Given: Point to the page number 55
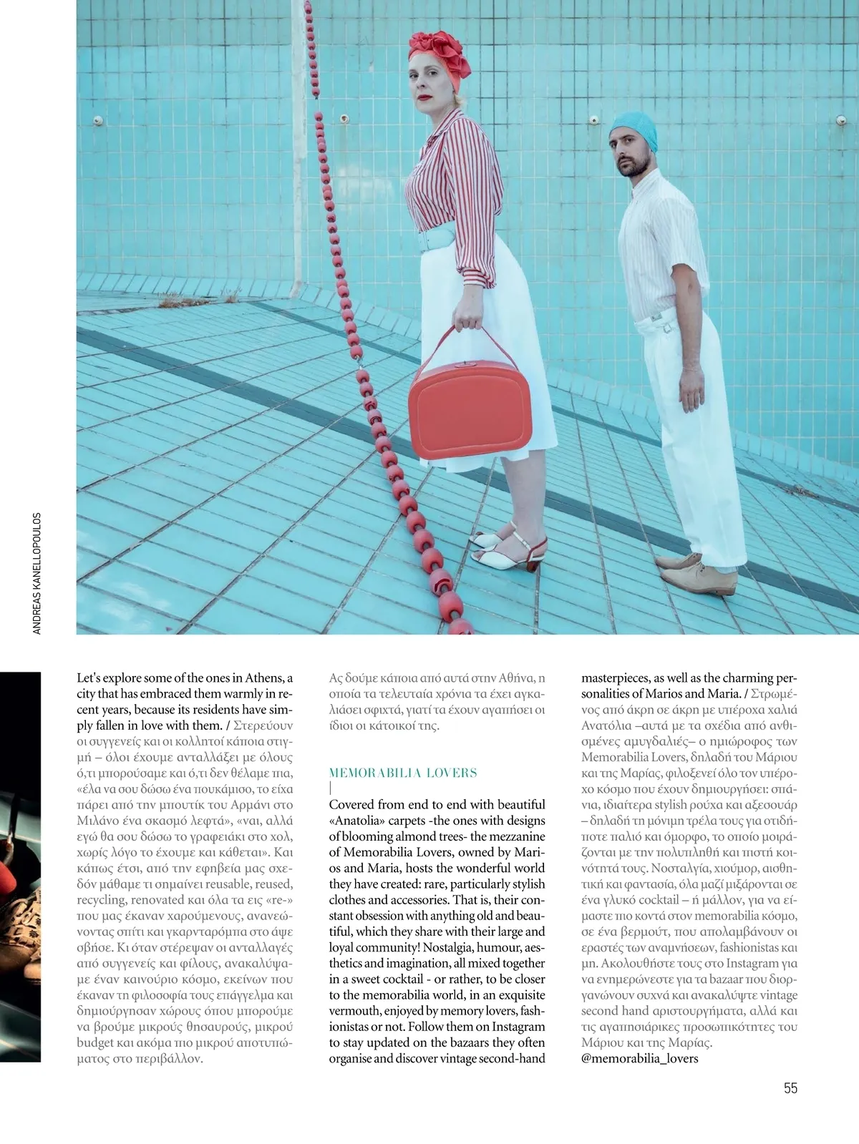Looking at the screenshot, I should pos(790,1088).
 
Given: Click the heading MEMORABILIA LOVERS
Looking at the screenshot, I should pos(403,773).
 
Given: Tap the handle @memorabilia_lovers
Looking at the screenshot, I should pos(639,1058).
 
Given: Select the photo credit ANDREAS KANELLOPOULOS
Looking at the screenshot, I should pos(37,572).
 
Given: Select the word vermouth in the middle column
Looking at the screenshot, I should pos(354,1011).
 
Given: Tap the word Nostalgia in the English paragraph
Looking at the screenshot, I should pos(447,947).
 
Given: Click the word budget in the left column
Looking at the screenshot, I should pos(94,1042).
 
